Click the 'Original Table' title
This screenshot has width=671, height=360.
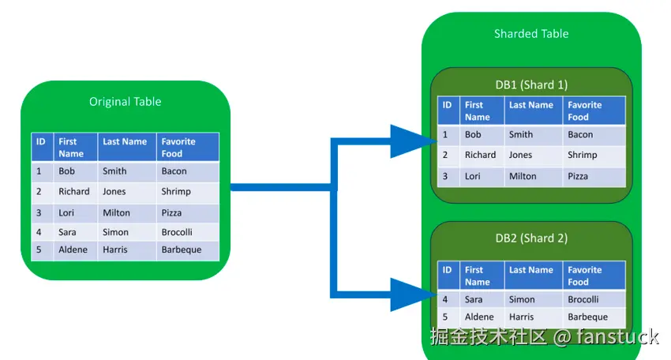[125, 102]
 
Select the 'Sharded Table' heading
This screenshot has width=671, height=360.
[531, 34]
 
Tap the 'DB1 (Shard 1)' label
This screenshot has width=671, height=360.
[531, 84]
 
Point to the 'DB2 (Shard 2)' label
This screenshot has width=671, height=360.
[531, 238]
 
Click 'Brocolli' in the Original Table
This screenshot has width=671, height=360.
[177, 232]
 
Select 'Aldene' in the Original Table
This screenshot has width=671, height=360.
[73, 249]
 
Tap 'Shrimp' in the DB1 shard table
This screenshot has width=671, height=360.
[582, 155]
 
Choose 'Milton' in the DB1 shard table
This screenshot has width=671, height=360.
[523, 176]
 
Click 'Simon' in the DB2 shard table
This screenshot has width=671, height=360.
[522, 299]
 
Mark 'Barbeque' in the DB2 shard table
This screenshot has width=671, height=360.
[587, 317]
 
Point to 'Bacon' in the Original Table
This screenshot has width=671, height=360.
[174, 171]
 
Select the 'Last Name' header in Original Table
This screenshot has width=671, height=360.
[125, 141]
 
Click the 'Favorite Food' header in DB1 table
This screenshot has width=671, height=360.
[584, 111]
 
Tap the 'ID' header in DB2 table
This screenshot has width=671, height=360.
[447, 270]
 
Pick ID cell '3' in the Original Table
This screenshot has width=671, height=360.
[39, 212]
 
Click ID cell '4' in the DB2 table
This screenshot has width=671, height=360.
[445, 299]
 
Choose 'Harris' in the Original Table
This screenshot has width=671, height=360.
[114, 249]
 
